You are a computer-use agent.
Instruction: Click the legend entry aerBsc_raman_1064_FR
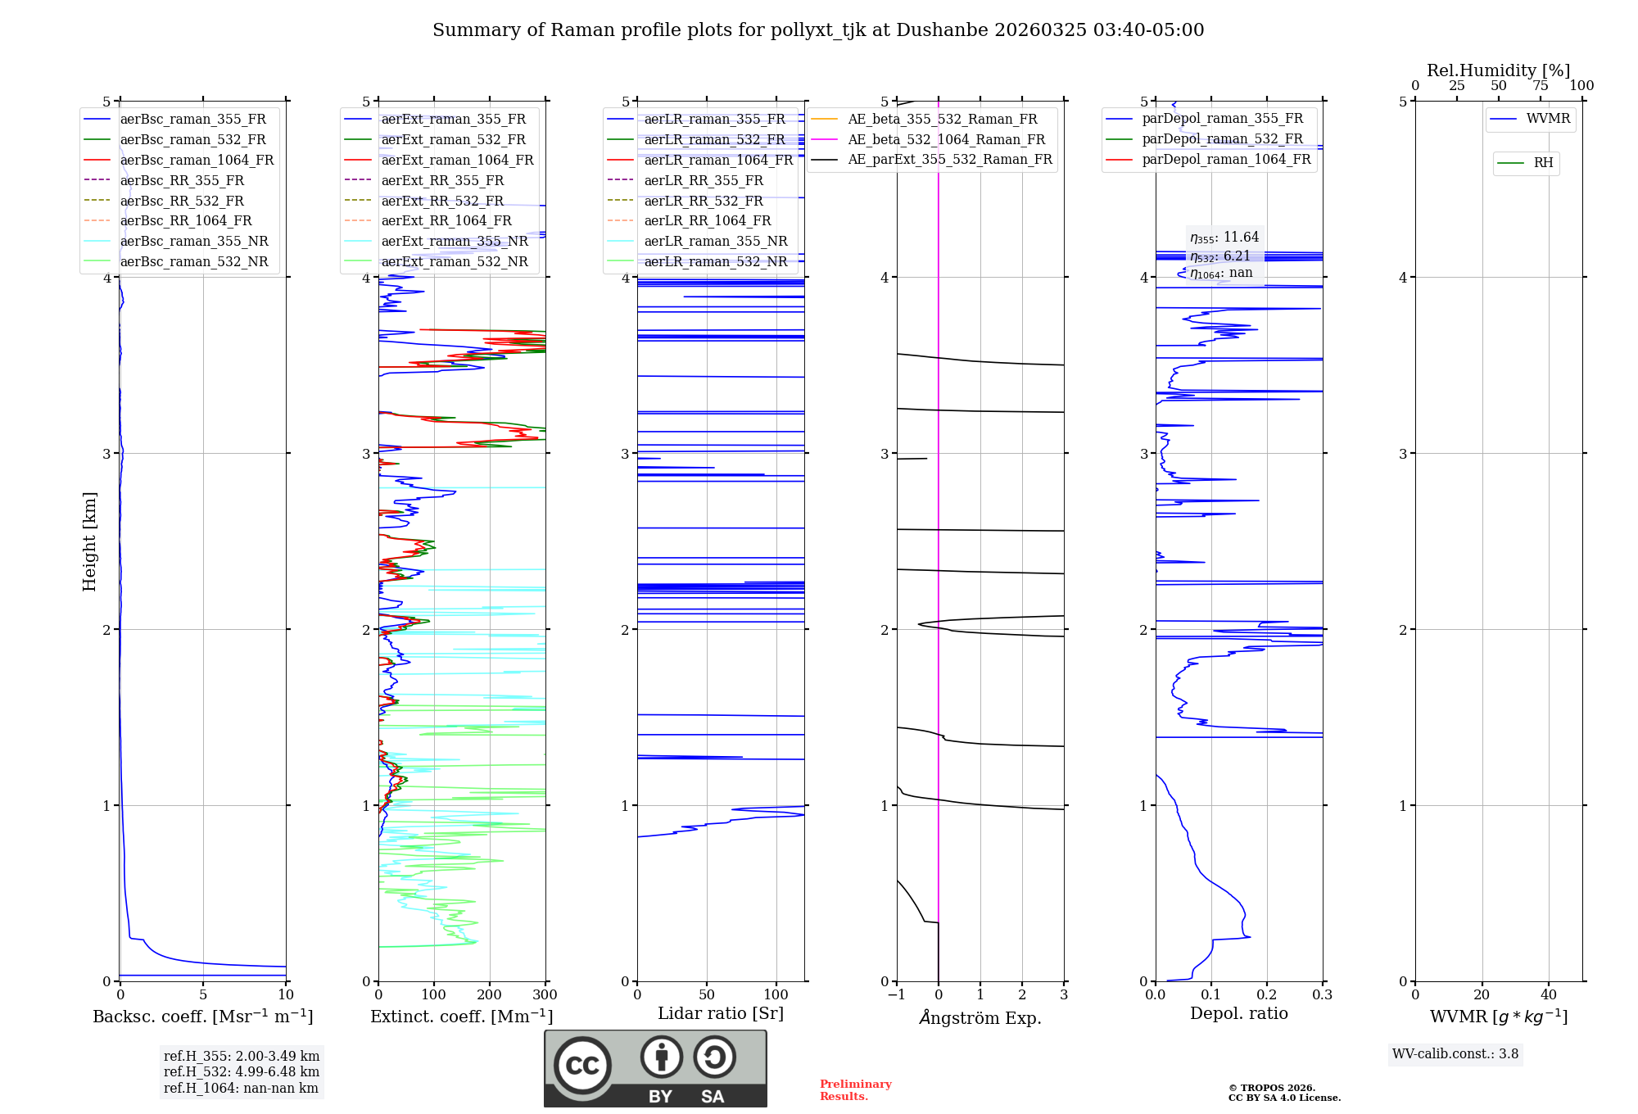[x=197, y=161]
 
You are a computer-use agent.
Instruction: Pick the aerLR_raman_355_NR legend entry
[x=715, y=242]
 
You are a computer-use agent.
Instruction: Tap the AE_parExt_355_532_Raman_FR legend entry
[x=950, y=160]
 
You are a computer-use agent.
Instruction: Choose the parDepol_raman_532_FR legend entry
[x=1222, y=139]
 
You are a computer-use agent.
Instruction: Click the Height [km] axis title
[x=89, y=541]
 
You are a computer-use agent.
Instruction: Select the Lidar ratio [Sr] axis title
[x=720, y=1013]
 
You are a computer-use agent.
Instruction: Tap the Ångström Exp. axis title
[x=980, y=1017]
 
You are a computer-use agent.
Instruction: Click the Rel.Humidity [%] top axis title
[x=1498, y=70]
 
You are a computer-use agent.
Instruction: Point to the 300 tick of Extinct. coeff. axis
[x=545, y=995]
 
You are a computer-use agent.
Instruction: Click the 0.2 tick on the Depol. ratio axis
[x=1266, y=995]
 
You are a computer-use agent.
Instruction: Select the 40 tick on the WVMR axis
[x=1548, y=995]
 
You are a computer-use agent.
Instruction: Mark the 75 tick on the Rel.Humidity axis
[x=1540, y=86]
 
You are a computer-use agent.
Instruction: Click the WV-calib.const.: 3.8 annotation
[x=1455, y=1054]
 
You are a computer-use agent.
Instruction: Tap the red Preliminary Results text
[x=855, y=1090]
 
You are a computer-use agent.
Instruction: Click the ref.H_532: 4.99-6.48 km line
[x=241, y=1072]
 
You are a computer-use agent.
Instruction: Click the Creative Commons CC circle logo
[x=582, y=1065]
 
